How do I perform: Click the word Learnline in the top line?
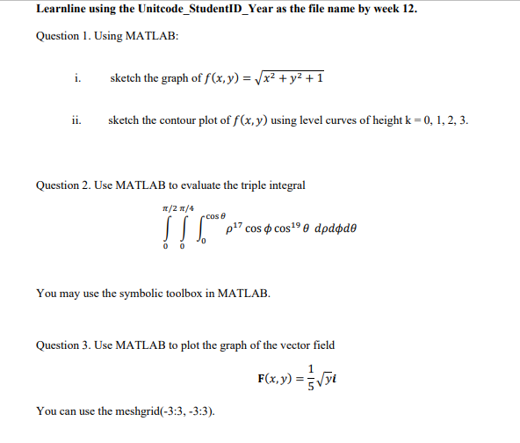point(64,10)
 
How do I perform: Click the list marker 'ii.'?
point(78,120)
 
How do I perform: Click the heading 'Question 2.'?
point(63,185)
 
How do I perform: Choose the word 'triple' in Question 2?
point(251,185)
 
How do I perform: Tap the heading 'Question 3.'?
point(63,345)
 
